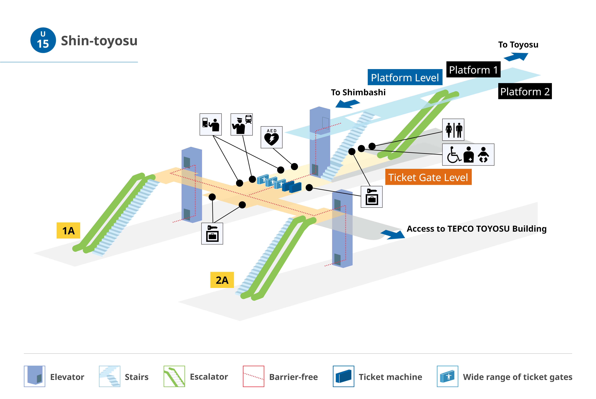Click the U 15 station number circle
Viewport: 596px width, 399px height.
(x=43, y=40)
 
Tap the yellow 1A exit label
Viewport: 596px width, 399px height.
(x=68, y=231)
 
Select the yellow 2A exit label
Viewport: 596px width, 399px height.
(x=222, y=280)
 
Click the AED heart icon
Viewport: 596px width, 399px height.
(x=272, y=137)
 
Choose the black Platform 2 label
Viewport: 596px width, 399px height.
(x=525, y=91)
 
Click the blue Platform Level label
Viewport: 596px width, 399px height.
(x=405, y=77)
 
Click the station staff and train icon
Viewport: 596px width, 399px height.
(x=242, y=124)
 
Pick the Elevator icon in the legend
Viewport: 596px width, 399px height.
(x=35, y=376)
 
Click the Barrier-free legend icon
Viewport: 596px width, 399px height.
(x=254, y=376)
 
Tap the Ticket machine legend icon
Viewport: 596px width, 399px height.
(x=343, y=376)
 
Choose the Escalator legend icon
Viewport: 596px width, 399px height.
(x=174, y=376)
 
